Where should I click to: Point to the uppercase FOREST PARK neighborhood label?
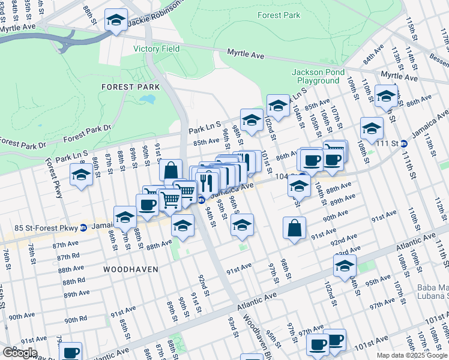tap(130, 87)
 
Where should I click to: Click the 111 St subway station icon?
tap(404, 143)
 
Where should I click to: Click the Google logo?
tap(20, 353)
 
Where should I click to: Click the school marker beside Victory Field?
tap(116, 21)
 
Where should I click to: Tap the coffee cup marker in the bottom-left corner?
tap(70, 352)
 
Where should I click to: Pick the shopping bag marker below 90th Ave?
tap(294, 228)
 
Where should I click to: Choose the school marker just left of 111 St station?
tap(372, 128)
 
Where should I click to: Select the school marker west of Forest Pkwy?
tap(80, 175)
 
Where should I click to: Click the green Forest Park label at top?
tap(279, 15)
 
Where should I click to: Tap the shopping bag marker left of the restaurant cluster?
tap(171, 170)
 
